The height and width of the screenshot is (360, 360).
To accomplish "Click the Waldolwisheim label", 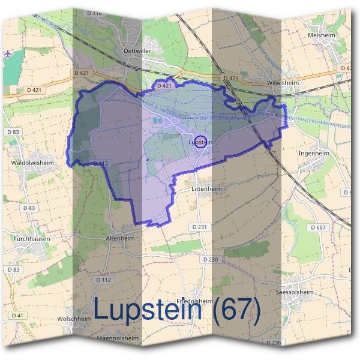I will pyautogui.click(x=32, y=162).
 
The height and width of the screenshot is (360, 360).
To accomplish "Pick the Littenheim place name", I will pyautogui.click(x=205, y=188).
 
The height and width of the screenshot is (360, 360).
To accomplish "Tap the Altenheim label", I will pyautogui.click(x=121, y=238).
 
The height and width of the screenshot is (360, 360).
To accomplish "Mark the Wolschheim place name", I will pyautogui.click(x=74, y=319).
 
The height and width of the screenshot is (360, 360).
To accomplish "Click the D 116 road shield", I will pyautogui.click(x=95, y=13).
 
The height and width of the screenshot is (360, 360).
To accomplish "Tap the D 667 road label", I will pyautogui.click(x=318, y=227).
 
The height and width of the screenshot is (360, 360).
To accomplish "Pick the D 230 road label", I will pyautogui.click(x=210, y=259).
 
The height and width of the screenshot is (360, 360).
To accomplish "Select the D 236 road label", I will pyautogui.click(x=273, y=342).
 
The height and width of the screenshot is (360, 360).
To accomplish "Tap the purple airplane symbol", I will pyautogui.click(x=8, y=53).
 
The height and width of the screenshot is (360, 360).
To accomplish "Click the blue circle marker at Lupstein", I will pyautogui.click(x=202, y=142).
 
